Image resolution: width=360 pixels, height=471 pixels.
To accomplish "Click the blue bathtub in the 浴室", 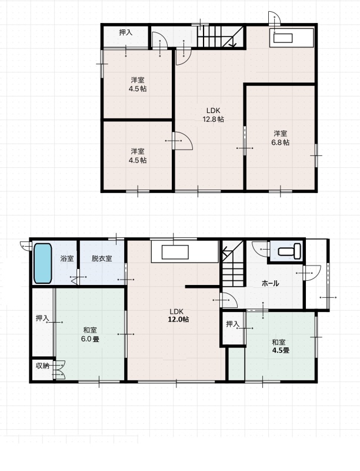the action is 42,263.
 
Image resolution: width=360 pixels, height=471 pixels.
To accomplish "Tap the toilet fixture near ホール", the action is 289,251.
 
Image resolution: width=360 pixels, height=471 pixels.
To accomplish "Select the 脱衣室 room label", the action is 102,258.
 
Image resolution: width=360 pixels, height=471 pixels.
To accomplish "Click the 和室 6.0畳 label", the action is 90,334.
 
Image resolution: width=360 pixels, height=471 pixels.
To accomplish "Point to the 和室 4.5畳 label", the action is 281,346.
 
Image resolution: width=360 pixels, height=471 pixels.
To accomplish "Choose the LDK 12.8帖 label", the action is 213,115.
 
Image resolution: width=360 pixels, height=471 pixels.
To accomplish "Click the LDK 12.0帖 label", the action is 178,316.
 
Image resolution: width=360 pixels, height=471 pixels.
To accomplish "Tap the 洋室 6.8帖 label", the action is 281,138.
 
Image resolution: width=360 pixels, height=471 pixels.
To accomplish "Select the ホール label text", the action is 271,283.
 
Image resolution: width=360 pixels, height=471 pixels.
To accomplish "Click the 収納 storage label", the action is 42,366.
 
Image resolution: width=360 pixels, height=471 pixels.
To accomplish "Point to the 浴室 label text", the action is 67,258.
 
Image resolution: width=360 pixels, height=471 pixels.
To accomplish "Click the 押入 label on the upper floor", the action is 126,32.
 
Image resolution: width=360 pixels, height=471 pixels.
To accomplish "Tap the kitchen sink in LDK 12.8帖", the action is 283,38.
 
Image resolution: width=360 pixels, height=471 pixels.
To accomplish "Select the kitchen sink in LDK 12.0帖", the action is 175,252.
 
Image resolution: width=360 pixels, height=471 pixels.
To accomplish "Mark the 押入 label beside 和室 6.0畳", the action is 42,318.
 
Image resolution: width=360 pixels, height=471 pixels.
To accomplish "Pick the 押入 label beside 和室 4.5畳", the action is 232,324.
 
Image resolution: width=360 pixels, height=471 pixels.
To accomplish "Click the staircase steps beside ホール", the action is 232,269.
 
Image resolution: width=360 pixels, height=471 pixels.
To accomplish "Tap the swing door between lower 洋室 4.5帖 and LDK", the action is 183,141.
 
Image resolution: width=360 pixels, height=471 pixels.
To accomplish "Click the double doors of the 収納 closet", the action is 59,370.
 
